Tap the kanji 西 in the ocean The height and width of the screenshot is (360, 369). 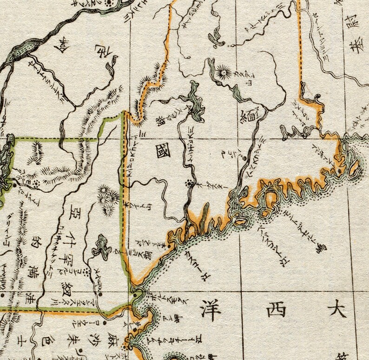(x=274, y=308)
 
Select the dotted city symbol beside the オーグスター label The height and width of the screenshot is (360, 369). (x=190, y=184)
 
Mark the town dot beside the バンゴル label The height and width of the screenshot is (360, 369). (x=244, y=159)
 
